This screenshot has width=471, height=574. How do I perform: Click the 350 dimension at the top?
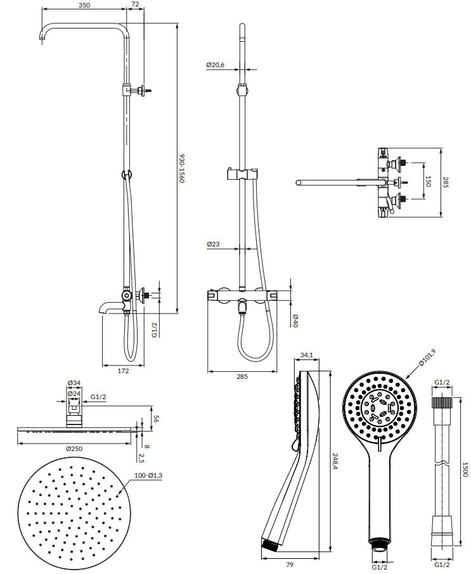click(84, 5)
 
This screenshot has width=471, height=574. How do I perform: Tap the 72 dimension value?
click(135, 4)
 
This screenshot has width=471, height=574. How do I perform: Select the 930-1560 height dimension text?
click(182, 169)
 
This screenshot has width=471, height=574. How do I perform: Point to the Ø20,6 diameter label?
click(216, 65)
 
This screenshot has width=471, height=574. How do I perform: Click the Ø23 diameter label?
click(213, 244)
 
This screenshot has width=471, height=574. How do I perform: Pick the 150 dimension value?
click(428, 181)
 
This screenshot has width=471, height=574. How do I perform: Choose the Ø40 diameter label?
click(295, 321)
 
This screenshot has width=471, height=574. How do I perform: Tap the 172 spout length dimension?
click(123, 371)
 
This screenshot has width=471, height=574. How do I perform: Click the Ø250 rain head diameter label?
click(74, 449)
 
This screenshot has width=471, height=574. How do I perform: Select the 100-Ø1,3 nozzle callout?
click(148, 476)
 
